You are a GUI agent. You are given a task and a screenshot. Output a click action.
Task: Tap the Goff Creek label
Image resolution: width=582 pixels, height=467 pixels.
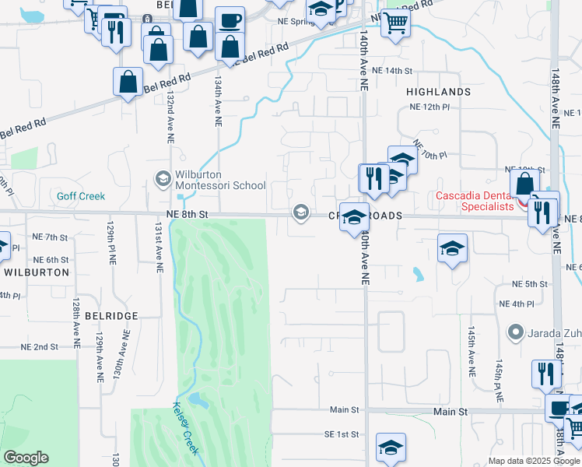point(80,196)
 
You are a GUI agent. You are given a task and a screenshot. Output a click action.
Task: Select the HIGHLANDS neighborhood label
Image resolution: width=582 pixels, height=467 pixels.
point(438,92)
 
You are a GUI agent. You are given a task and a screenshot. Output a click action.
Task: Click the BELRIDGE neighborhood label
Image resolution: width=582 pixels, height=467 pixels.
point(110,316)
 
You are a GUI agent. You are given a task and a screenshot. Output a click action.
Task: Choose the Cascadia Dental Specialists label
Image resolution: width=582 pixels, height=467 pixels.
point(475,201)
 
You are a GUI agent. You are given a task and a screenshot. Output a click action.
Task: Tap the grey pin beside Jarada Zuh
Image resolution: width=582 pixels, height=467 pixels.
point(514,333)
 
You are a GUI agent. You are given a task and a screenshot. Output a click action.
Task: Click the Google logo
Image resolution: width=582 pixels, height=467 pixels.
point(26,458)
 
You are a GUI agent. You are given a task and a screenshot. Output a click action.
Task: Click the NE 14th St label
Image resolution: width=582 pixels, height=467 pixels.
point(391,71)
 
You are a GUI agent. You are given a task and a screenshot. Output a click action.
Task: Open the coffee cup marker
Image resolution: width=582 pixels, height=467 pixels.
point(229,21)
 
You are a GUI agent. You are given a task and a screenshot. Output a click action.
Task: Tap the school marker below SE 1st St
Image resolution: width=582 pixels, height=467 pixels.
point(391,448)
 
